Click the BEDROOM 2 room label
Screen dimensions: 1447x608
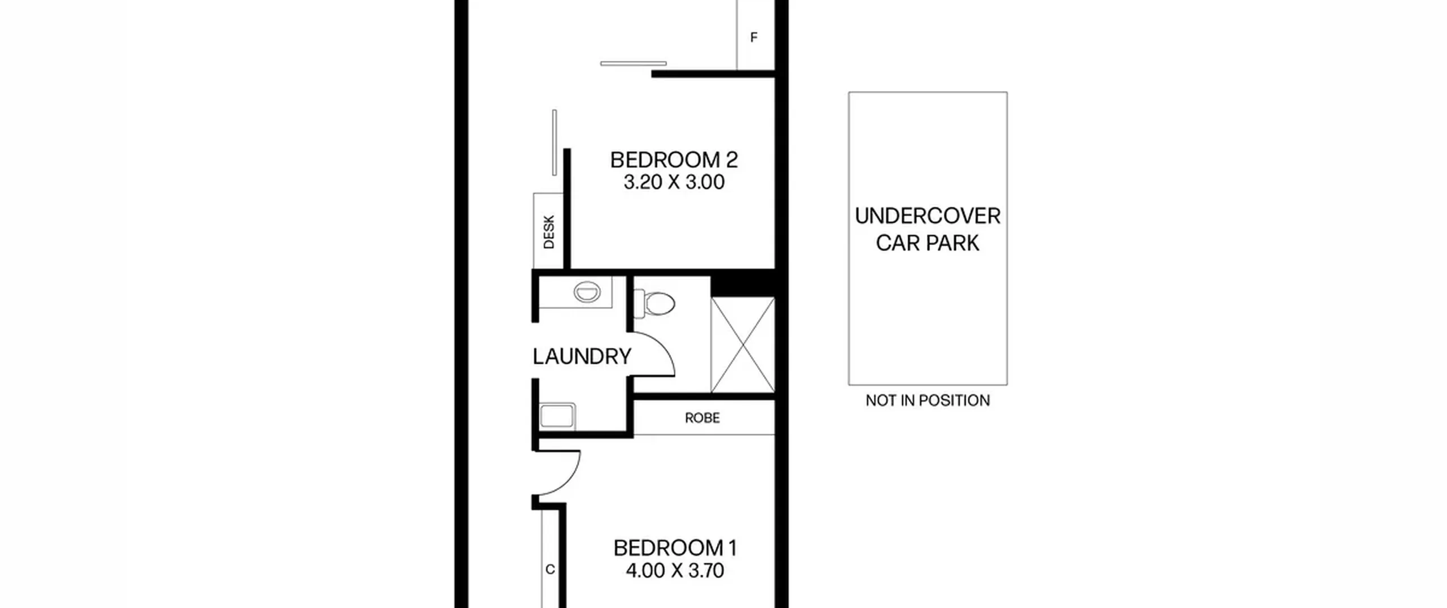674,160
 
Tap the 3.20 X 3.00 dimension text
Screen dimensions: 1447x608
674,182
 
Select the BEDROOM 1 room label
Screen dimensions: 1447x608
675,548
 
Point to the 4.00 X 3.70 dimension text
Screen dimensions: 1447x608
675,570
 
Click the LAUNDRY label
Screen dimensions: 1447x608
582,356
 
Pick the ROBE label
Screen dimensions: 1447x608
702,418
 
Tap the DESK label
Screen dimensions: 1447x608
549,232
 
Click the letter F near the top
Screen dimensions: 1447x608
753,37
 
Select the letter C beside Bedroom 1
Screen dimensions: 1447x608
550,570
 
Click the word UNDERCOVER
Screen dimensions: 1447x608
928,216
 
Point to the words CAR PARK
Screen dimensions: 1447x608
928,243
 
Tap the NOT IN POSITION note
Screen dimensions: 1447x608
928,400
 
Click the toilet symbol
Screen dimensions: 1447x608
655,303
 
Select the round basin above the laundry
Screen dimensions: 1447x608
587,292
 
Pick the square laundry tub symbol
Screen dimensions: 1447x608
557,416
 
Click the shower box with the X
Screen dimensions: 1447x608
743,344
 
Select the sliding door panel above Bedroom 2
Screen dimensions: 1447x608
633,63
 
